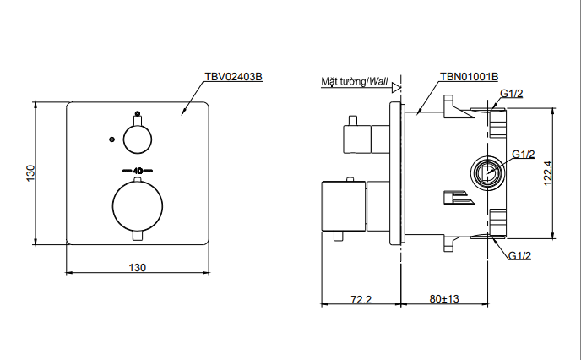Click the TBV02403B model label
click(234, 76)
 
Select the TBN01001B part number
click(469, 76)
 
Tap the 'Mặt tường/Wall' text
click(355, 82)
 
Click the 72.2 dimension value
click(361, 299)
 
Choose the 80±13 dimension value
click(444, 299)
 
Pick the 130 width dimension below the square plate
click(138, 267)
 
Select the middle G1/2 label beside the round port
click(524, 154)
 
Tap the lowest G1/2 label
click(519, 255)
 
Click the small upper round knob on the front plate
click(138, 137)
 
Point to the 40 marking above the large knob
click(138, 170)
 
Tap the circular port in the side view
click(486, 174)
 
